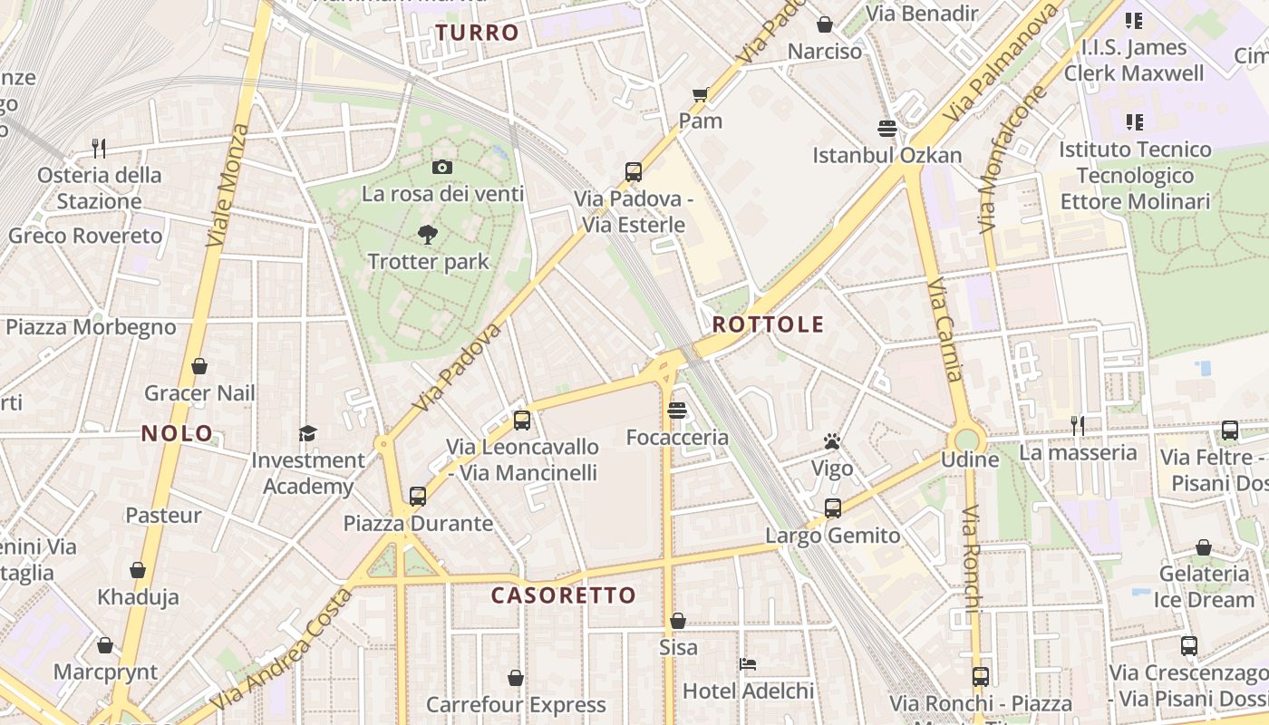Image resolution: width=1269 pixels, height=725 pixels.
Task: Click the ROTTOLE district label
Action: point(768,324)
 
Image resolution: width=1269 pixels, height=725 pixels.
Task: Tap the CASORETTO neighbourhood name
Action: point(563,595)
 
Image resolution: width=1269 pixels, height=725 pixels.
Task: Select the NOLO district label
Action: point(177,433)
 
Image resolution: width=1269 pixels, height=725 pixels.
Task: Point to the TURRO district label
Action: point(477,34)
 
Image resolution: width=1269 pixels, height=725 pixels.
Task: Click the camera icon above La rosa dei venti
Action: point(442,167)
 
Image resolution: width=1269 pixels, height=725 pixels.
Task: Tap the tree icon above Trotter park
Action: point(428,236)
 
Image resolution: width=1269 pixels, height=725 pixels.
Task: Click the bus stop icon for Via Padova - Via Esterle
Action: point(634,172)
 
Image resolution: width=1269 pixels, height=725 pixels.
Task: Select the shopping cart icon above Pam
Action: point(701,94)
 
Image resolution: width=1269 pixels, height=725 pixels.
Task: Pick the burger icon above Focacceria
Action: point(676,411)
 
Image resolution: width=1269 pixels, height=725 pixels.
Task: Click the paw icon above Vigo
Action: point(832,441)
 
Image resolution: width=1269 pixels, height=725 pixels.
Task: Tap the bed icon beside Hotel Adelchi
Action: point(748,664)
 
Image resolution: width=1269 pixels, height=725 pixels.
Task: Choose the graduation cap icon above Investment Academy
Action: point(308,433)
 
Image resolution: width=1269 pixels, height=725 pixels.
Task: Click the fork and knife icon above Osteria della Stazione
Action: point(99,148)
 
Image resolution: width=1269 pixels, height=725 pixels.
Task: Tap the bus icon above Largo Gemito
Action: point(833,508)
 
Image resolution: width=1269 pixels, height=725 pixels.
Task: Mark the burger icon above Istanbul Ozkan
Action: point(886,129)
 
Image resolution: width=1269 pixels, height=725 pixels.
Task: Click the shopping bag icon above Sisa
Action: point(678,621)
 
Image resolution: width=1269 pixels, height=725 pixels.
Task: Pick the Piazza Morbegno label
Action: point(91,327)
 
